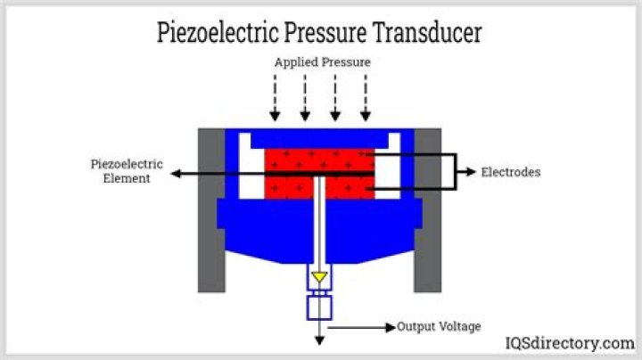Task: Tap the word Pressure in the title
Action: pyautogui.click(x=325, y=32)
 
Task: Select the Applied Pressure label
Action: pyautogui.click(x=322, y=62)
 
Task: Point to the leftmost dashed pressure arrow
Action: pyautogui.click(x=275, y=97)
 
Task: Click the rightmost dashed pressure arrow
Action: pyautogui.click(x=366, y=97)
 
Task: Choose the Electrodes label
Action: pyautogui.click(x=511, y=172)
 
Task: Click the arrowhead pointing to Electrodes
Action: pyautogui.click(x=472, y=172)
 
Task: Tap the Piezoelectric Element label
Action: pyautogui.click(x=127, y=171)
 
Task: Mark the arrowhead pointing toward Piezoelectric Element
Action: pyautogui.click(x=176, y=174)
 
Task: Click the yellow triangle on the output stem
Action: pyautogui.click(x=319, y=277)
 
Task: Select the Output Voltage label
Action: pyautogui.click(x=439, y=326)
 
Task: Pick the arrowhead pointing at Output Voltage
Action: pyautogui.click(x=391, y=327)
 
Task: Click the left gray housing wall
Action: pyautogui.click(x=211, y=210)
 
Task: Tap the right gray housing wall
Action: pyautogui.click(x=428, y=210)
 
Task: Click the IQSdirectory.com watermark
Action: pyautogui.click(x=570, y=343)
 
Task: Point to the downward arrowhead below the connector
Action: pyautogui.click(x=319, y=340)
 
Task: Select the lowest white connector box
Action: pyautogui.click(x=319, y=307)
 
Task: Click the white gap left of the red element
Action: pyautogui.click(x=251, y=166)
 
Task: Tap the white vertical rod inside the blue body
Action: pyautogui.click(x=319, y=220)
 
